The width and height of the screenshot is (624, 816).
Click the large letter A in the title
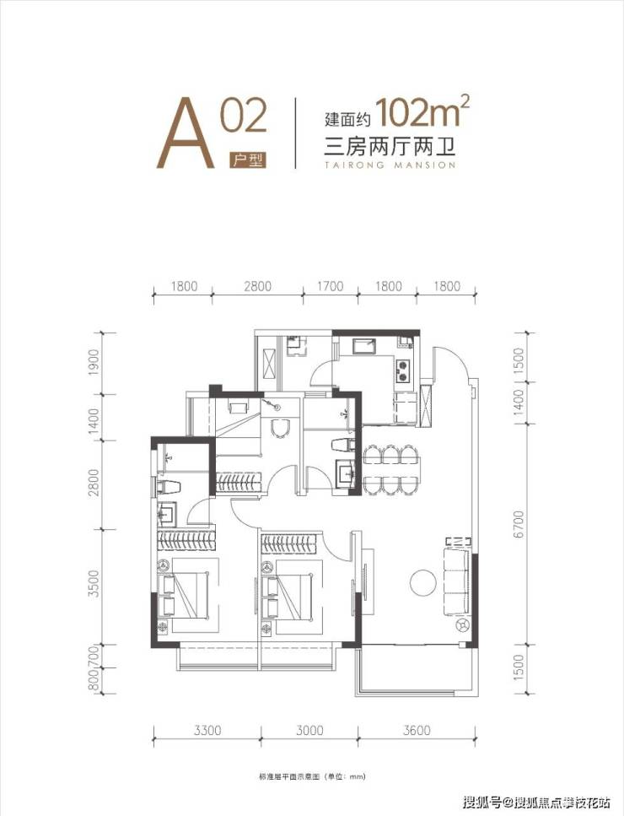coord(186,134)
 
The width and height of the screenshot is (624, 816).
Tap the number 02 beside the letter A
coord(244,116)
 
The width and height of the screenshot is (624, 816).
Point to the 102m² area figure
coord(422,112)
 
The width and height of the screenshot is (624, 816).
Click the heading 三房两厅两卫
coord(390,148)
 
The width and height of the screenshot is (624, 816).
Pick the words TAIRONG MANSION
coord(390,165)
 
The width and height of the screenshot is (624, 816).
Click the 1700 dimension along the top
coord(331,286)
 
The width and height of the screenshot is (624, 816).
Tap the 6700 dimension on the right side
coord(518,524)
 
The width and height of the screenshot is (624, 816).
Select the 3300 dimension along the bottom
coord(207,730)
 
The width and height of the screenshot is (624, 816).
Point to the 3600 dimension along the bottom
coord(417,730)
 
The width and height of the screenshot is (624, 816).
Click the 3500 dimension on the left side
coord(93,583)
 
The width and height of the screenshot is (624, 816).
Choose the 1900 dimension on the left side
coord(93,362)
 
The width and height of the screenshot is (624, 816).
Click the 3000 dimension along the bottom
coord(309,730)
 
